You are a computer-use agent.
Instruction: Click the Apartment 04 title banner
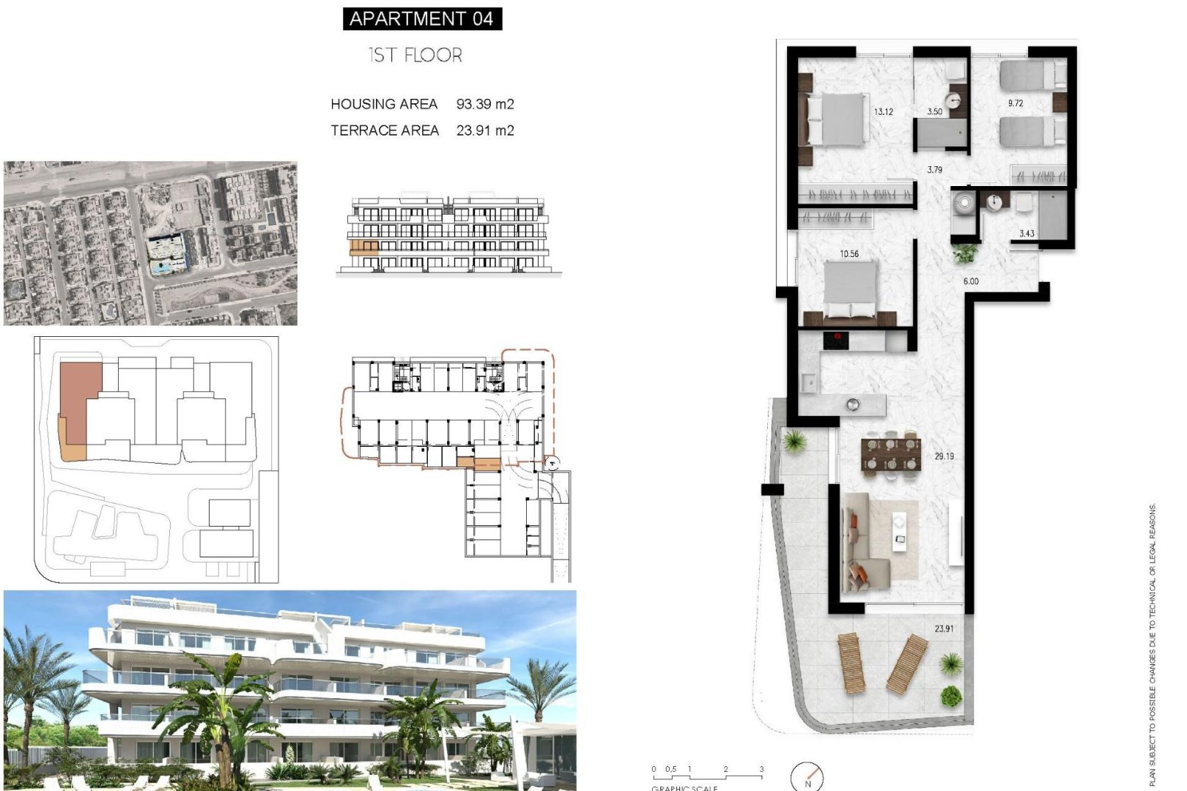(x=422, y=18)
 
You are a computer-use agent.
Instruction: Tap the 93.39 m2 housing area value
(x=485, y=104)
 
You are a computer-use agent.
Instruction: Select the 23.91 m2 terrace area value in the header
(x=485, y=130)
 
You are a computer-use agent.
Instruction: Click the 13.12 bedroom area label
(x=883, y=112)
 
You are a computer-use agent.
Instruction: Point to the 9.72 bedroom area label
(x=1015, y=103)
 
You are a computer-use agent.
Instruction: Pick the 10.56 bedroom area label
(x=849, y=254)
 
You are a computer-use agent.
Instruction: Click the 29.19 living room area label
(x=944, y=456)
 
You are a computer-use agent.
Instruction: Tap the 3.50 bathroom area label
(x=934, y=112)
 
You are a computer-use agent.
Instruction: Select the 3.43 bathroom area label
(x=1027, y=234)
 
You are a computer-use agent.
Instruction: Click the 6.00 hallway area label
(x=971, y=281)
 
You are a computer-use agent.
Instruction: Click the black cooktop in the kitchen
(x=836, y=341)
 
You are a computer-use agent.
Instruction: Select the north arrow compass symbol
(x=807, y=776)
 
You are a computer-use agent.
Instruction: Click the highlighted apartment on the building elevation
(x=363, y=248)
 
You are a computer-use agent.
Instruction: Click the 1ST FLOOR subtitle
(x=415, y=55)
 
